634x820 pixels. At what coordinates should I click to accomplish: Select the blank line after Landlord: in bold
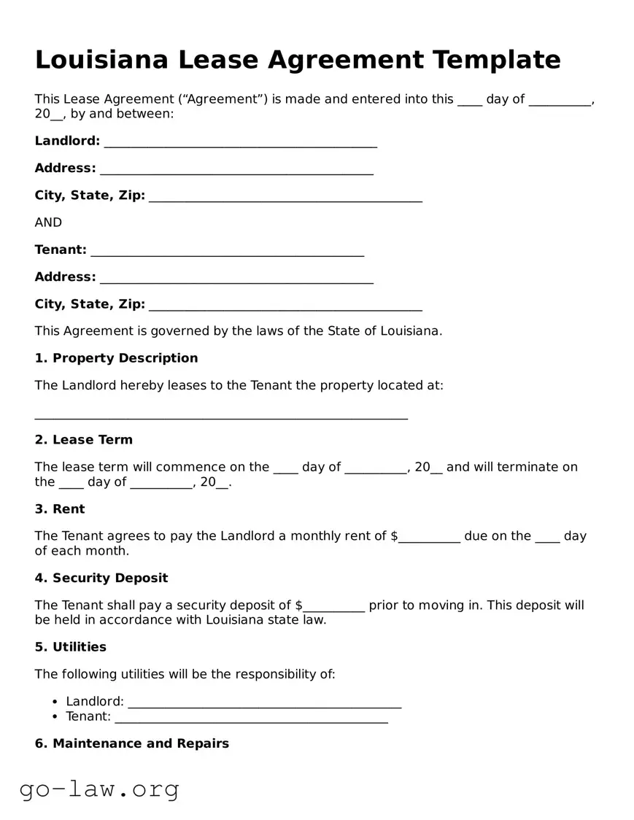[x=240, y=142]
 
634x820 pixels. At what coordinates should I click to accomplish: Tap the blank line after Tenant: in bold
[x=227, y=251]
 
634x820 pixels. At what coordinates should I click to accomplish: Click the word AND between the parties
[x=48, y=223]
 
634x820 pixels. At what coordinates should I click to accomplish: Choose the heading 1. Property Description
[x=116, y=358]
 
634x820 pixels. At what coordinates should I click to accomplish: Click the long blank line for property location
[x=221, y=414]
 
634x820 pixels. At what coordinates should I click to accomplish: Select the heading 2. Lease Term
[x=83, y=440]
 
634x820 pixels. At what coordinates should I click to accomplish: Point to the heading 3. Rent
[x=60, y=509]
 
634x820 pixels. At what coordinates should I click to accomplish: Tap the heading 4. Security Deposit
[x=101, y=579]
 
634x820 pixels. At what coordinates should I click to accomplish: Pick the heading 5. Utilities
[x=70, y=647]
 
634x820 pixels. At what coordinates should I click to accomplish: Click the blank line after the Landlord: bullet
[x=264, y=703]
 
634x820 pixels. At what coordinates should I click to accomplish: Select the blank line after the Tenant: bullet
[x=251, y=718]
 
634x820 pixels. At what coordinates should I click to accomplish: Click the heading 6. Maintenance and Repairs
[x=131, y=743]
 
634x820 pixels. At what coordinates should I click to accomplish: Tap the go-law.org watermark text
[x=99, y=789]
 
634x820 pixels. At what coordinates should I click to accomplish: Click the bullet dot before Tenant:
[x=56, y=717]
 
